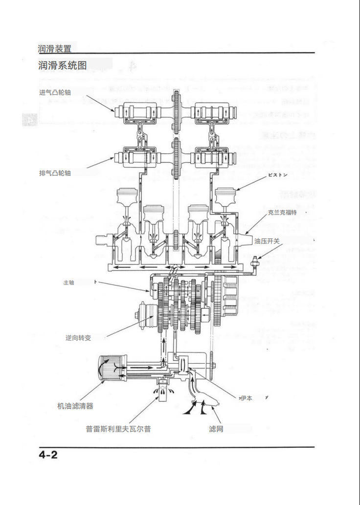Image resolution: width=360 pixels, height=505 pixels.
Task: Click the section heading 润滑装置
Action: click(x=55, y=48)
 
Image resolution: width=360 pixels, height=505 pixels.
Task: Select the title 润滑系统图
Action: click(x=62, y=65)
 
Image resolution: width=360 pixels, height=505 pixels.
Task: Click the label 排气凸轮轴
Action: click(x=54, y=173)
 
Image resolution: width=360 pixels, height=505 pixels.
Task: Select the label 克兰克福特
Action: click(x=282, y=213)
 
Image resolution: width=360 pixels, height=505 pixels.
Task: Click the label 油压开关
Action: click(x=267, y=241)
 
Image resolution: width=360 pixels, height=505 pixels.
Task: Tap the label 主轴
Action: click(x=68, y=283)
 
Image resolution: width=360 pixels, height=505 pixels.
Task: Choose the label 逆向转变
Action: click(x=78, y=338)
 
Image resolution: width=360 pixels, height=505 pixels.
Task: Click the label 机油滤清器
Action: click(x=75, y=406)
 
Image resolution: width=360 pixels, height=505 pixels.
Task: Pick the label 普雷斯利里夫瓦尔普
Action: click(x=118, y=429)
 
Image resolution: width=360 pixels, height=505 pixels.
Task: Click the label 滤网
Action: click(x=216, y=429)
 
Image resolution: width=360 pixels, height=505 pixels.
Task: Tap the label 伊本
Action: click(x=247, y=398)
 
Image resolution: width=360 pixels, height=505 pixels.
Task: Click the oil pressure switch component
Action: click(x=255, y=263)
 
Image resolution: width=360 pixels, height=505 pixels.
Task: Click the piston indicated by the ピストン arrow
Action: click(x=225, y=198)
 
